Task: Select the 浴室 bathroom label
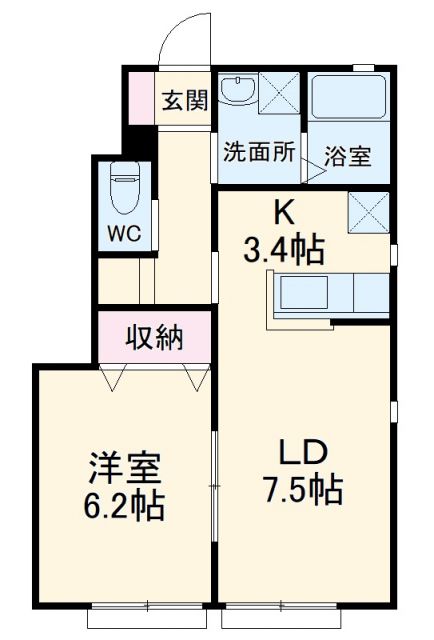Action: (347, 158)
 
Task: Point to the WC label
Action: (124, 233)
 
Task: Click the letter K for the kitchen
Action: (284, 211)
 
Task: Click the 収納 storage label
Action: (154, 338)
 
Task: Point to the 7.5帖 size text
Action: (304, 489)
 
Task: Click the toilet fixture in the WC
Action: (124, 189)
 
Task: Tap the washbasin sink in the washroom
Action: (237, 91)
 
